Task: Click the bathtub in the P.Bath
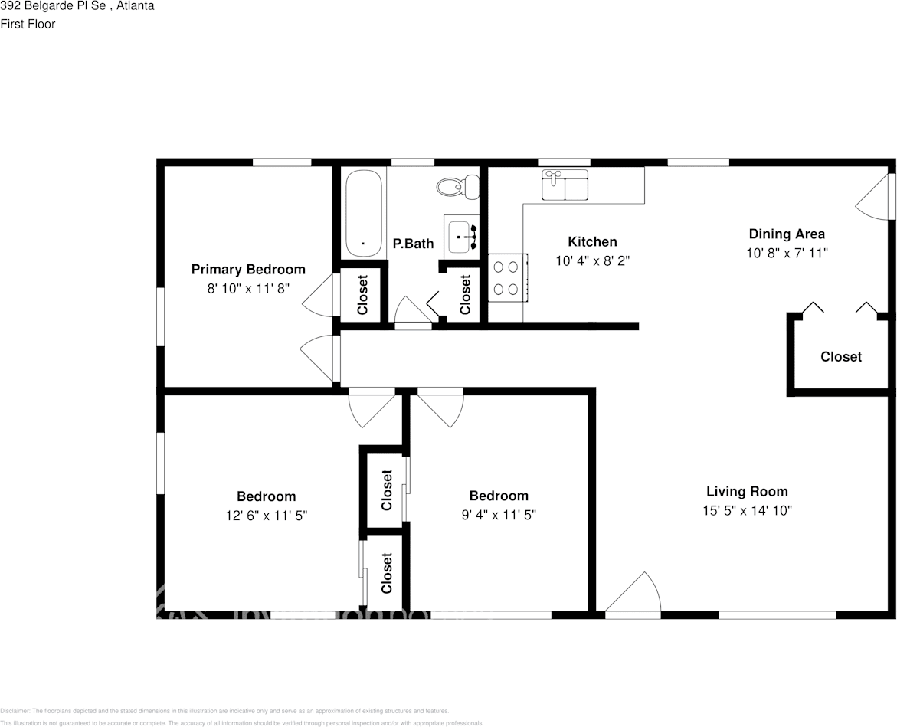363,214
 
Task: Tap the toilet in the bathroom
459,185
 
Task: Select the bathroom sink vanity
462,237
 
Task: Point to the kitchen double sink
565,185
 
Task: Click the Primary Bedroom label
247,269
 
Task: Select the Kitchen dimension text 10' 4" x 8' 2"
592,260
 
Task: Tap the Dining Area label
787,234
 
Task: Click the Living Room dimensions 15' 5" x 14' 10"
747,510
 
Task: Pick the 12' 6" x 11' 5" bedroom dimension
266,516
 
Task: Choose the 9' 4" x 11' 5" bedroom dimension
499,515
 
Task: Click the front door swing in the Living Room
635,594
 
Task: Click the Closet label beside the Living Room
840,356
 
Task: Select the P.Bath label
413,244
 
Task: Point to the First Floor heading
28,24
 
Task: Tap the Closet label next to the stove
465,295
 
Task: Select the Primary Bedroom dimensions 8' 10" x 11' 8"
247,288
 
